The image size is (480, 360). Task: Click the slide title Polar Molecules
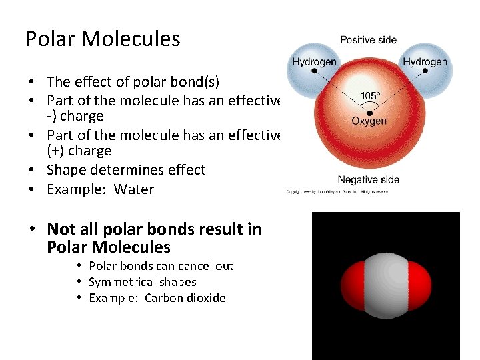click(x=103, y=39)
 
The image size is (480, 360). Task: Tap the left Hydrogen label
click(x=313, y=62)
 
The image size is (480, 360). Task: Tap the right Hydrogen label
click(x=425, y=62)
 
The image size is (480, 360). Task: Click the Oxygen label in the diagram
click(x=369, y=121)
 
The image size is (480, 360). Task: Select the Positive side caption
click(x=368, y=40)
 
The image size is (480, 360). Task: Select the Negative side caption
click(x=368, y=179)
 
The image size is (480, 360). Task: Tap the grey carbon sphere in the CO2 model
click(x=385, y=285)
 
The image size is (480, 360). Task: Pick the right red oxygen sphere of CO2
click(x=419, y=285)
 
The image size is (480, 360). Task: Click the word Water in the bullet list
click(x=134, y=189)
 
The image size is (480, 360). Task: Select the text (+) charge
click(x=79, y=151)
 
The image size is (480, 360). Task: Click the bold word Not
click(x=61, y=229)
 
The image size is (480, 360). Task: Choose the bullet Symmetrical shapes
click(x=142, y=282)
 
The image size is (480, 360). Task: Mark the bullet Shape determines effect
click(x=126, y=170)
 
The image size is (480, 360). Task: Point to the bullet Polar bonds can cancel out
click(x=161, y=266)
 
